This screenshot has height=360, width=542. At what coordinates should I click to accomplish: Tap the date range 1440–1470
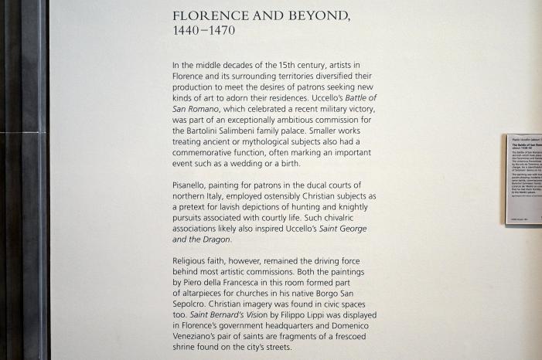click(x=204, y=31)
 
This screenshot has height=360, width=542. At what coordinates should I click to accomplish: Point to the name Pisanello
click(x=193, y=185)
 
